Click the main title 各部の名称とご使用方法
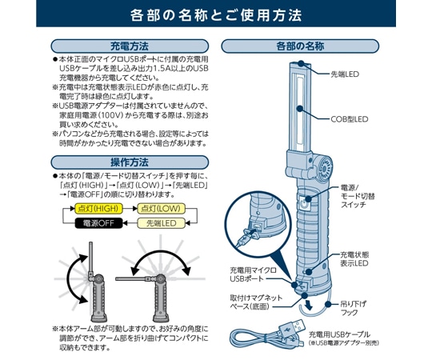click(x=216, y=14)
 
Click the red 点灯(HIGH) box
click(x=98, y=207)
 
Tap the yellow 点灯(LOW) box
click(x=161, y=207)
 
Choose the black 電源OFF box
click(x=98, y=223)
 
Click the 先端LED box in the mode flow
click(x=161, y=223)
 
